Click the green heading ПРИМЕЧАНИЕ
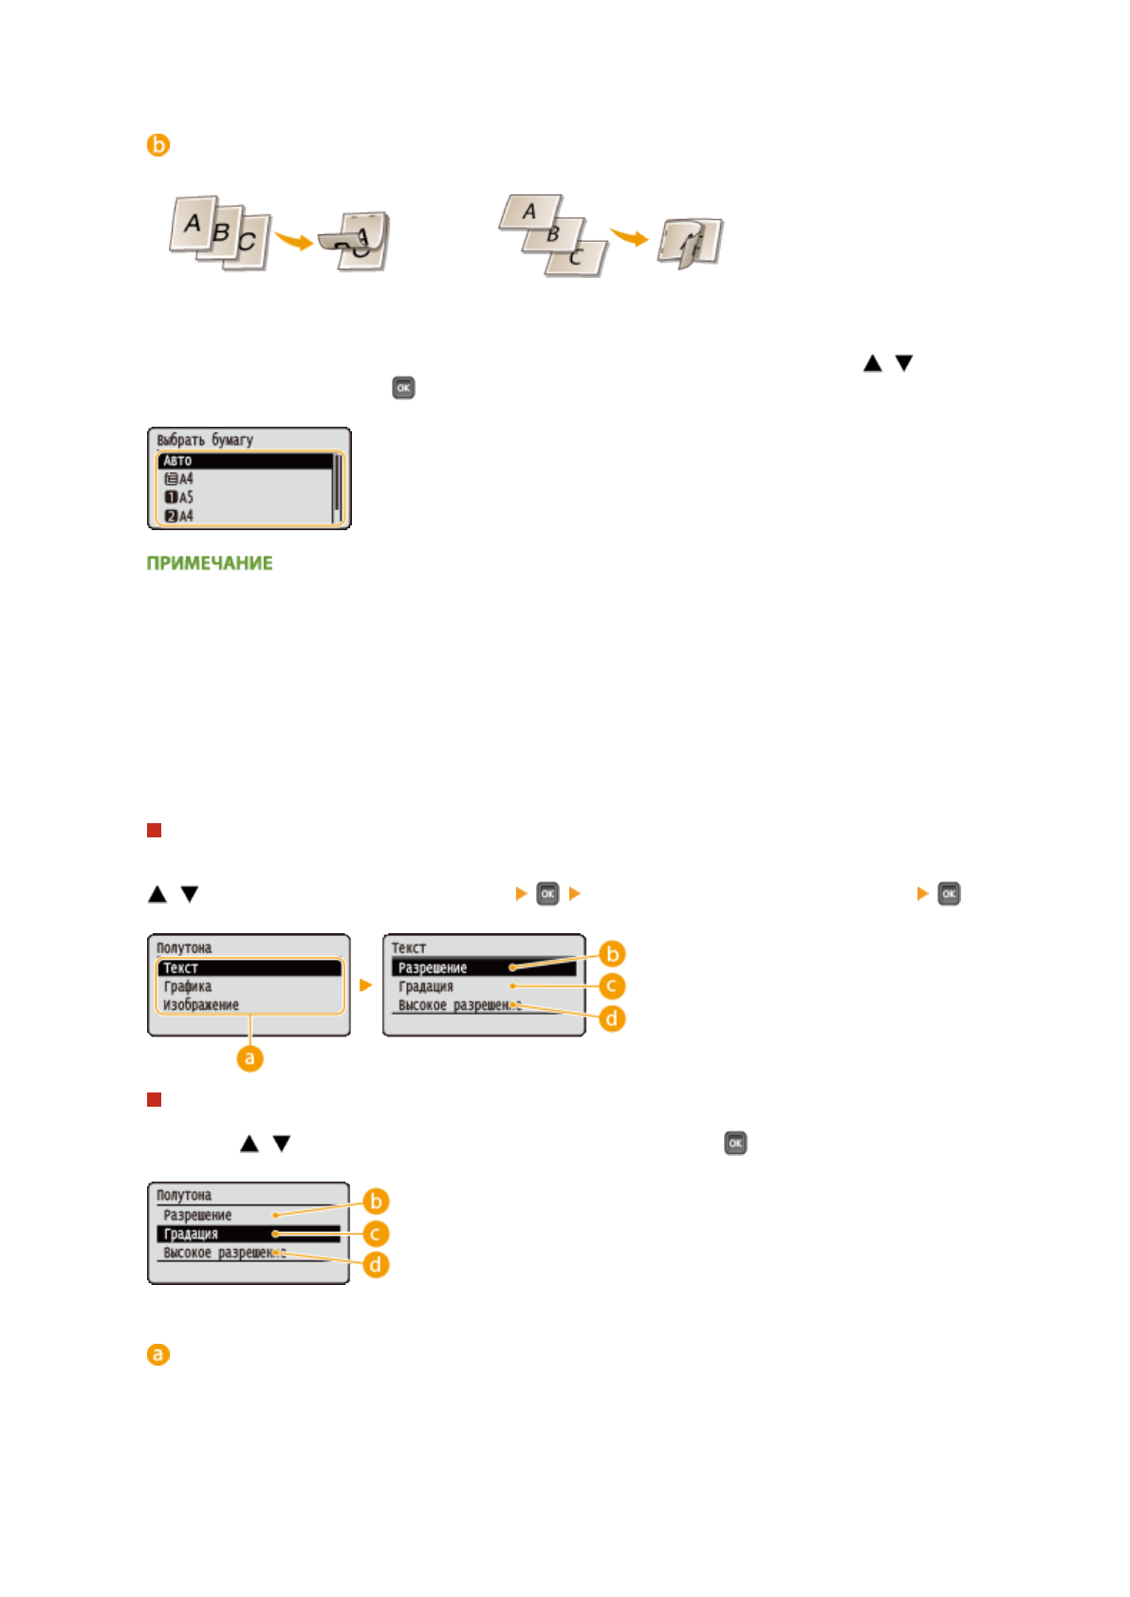(x=210, y=563)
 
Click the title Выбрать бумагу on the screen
(x=205, y=440)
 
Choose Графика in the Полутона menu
(x=188, y=986)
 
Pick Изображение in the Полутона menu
(x=201, y=1005)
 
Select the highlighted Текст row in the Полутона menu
(x=249, y=968)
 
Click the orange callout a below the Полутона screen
(x=250, y=1058)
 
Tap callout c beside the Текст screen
(x=612, y=986)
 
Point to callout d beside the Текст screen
(x=613, y=1019)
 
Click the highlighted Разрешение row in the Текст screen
(x=482, y=968)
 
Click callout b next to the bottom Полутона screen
(x=376, y=1202)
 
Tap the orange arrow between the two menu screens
(x=366, y=985)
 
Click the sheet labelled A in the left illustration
(x=194, y=224)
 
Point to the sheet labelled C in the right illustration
(x=577, y=257)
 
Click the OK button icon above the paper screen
(x=403, y=388)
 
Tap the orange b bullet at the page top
(x=158, y=145)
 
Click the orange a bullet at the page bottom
(x=158, y=1354)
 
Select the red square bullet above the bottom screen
(x=155, y=1100)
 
